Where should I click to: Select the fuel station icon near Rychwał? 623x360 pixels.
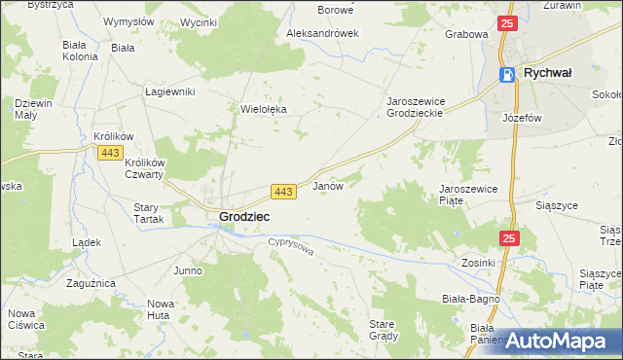[x=507, y=74]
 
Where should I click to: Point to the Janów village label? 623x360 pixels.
[x=327, y=186]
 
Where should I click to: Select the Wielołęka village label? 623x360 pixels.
[x=264, y=110]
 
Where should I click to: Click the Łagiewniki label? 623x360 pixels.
[x=170, y=91]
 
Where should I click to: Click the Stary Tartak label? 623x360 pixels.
[x=146, y=213]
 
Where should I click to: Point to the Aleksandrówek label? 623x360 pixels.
[x=322, y=33]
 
